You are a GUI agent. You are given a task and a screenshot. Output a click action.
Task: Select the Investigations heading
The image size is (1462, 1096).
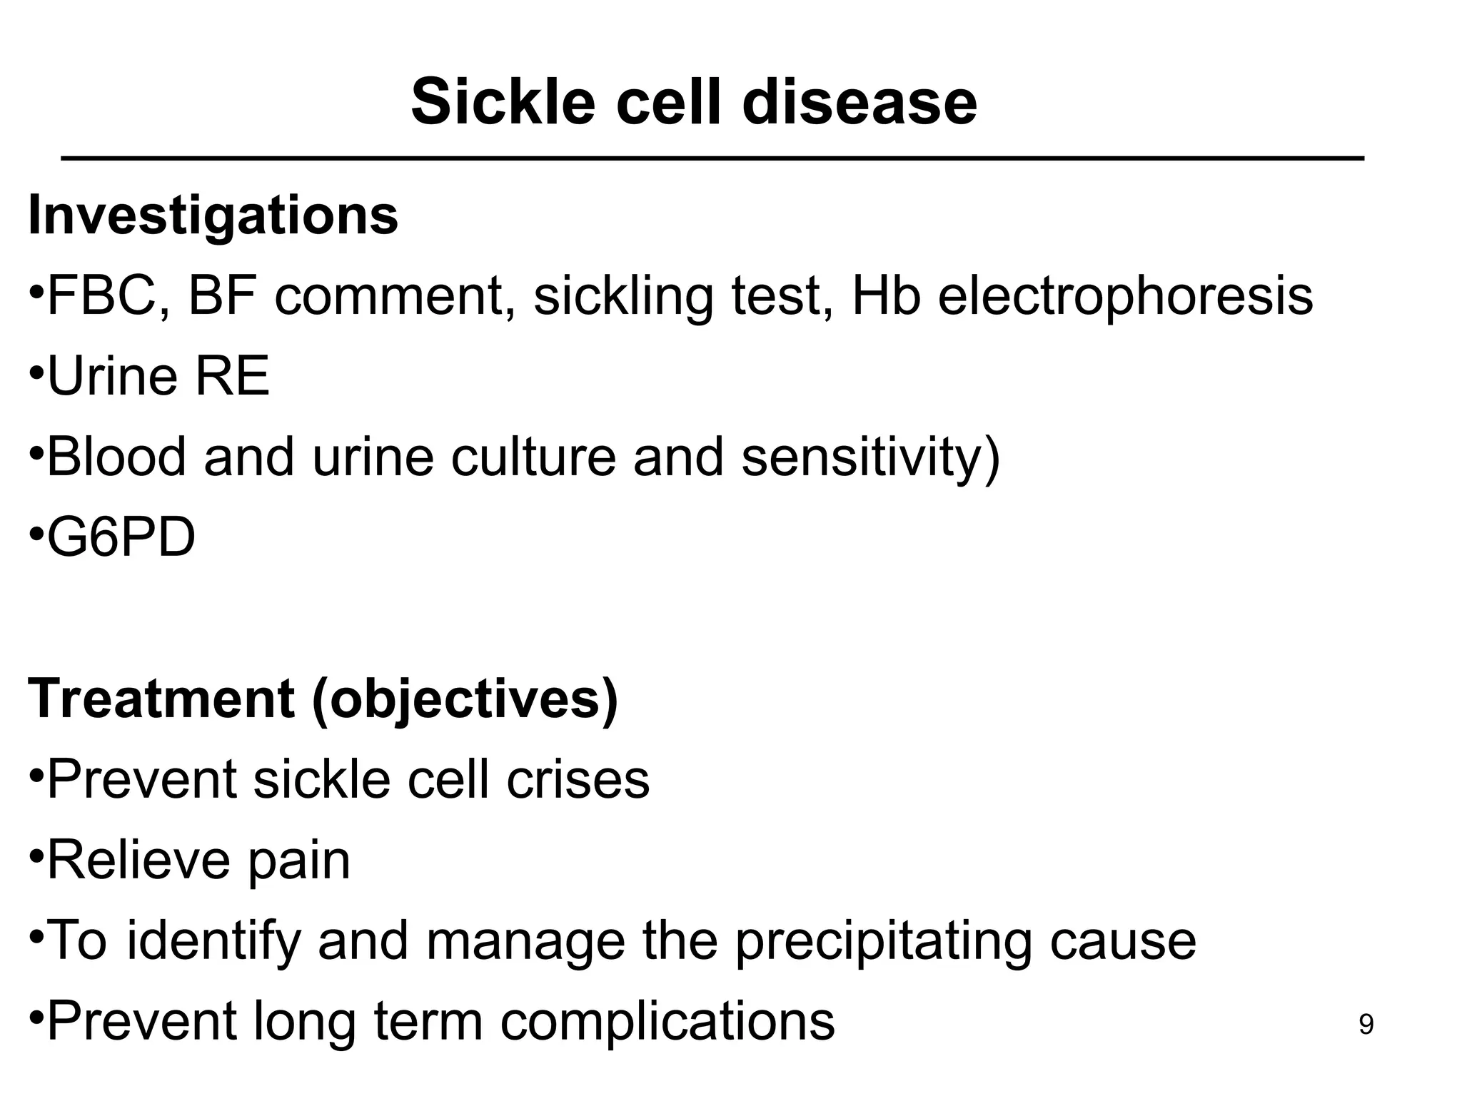tap(213, 215)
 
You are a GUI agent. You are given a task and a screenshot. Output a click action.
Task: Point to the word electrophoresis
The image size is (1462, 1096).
tap(1125, 296)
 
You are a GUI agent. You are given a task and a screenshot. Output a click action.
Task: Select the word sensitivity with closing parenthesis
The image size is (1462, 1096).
tap(871, 457)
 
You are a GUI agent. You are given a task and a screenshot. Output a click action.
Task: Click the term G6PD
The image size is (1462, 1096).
tap(121, 538)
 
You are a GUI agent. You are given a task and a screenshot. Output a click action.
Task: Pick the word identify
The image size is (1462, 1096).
tap(213, 941)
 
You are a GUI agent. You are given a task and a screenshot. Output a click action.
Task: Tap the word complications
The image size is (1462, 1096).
tap(667, 1022)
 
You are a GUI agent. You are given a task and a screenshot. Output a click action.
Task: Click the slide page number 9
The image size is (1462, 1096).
tap(1365, 1025)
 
